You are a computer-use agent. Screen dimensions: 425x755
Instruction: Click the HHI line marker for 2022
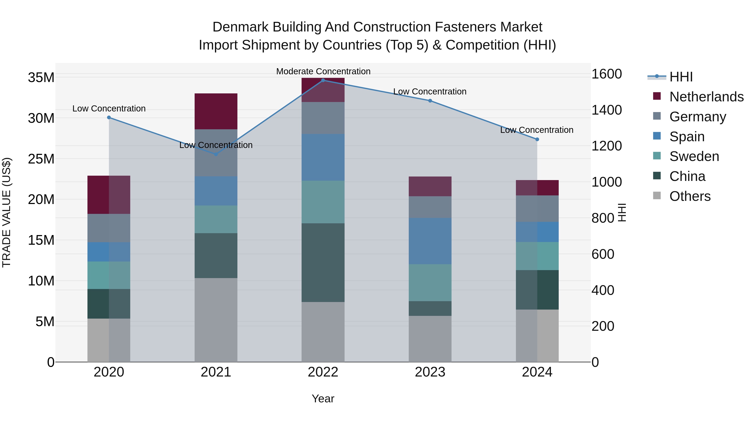[323, 80]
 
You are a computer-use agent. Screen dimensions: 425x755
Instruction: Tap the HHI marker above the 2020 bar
[109, 117]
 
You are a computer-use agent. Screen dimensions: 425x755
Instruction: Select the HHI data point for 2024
[537, 139]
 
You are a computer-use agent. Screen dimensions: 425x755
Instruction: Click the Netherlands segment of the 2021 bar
[216, 111]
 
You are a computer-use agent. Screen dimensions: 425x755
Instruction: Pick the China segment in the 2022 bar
[323, 263]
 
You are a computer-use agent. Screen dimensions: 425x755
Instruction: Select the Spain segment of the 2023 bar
[430, 241]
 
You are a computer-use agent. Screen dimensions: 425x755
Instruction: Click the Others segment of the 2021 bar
[216, 320]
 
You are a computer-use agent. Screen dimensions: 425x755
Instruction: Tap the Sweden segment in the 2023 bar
[430, 282]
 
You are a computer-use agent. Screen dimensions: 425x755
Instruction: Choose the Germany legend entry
[698, 116]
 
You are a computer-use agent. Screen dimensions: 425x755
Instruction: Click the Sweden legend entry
[694, 156]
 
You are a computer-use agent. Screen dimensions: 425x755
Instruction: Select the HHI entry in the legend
[681, 77]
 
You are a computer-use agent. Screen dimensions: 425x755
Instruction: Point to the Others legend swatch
[657, 196]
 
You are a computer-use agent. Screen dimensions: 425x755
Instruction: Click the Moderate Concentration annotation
[323, 71]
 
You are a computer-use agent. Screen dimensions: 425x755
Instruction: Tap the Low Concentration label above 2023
[430, 92]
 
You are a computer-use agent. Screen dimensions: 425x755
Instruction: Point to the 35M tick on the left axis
[41, 78]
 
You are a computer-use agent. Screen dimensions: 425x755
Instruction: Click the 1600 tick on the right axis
[606, 74]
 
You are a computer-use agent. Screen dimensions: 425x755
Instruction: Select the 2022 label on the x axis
[323, 372]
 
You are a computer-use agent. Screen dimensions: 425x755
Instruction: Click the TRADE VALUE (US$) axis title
[7, 212]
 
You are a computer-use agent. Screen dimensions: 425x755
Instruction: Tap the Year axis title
[323, 399]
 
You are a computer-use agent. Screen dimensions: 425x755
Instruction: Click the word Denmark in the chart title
[240, 27]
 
